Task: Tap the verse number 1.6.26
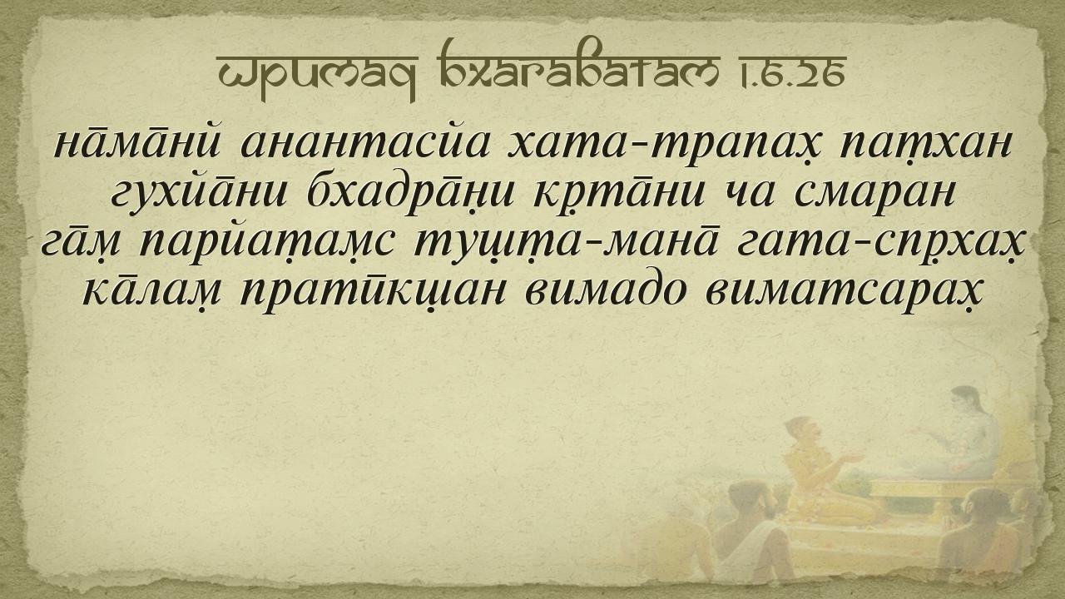791,71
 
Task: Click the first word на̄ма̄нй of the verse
136,141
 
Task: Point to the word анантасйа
364,141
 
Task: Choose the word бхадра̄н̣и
411,194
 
